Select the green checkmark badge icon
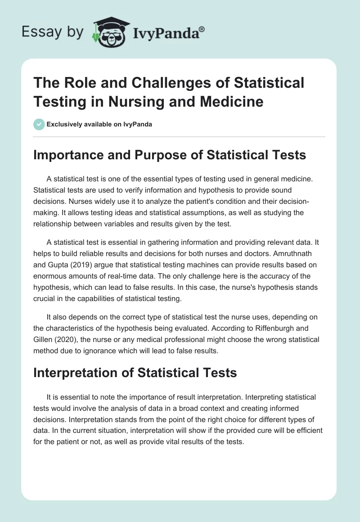tap(39, 124)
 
